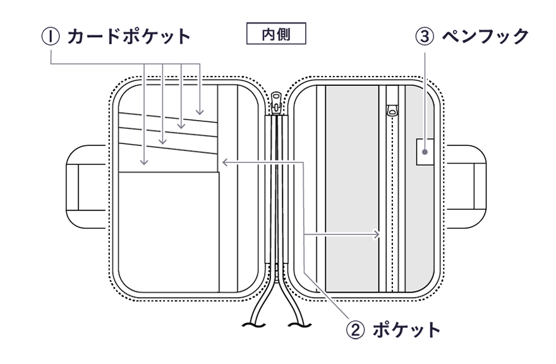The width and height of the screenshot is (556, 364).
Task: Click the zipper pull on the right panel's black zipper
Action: [x=393, y=111]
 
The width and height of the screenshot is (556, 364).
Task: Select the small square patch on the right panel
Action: [x=425, y=152]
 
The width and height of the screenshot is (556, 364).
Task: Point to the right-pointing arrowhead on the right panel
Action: [x=377, y=234]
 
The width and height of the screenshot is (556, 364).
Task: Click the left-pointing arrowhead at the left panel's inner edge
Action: [x=225, y=164]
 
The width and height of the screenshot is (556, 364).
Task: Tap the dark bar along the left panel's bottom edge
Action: [x=183, y=294]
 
